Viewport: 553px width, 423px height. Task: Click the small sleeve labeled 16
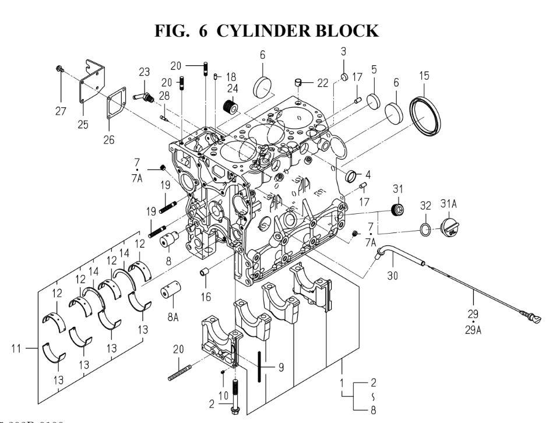pyautogui.click(x=204, y=272)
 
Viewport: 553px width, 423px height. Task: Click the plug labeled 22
pyautogui.click(x=300, y=82)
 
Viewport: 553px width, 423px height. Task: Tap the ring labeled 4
pyautogui.click(x=353, y=175)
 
